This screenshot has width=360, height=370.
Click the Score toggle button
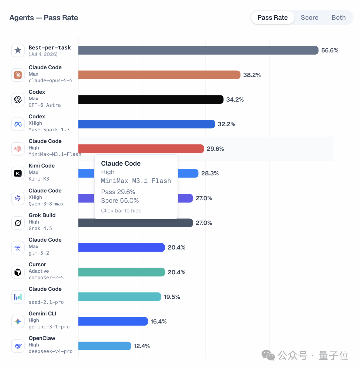pos(309,18)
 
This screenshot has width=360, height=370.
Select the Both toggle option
pos(339,18)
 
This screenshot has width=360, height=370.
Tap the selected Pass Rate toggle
pos(273,18)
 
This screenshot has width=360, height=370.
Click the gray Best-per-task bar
pos(198,50)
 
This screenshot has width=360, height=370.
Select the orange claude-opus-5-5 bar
pos(159,75)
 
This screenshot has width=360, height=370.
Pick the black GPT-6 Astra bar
pos(151,99)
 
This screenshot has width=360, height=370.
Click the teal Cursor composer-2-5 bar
pos(121,272)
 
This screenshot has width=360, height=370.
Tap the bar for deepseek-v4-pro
pos(104,346)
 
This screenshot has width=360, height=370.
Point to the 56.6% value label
pos(330,50)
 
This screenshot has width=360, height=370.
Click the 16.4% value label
pos(158,321)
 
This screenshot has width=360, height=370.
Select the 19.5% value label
pos(172,297)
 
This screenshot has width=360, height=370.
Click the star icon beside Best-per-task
pos(18,50)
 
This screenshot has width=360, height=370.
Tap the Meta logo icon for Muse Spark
pos(18,124)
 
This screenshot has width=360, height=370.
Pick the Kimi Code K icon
pos(18,173)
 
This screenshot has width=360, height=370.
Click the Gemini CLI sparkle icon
pos(18,321)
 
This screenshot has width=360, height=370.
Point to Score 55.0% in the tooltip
pos(120,200)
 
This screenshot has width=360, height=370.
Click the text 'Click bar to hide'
pos(121,211)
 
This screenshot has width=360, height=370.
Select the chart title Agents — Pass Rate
pos(44,18)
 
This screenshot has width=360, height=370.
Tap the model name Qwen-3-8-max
pos(46,204)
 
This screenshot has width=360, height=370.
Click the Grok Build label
pos(42,215)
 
